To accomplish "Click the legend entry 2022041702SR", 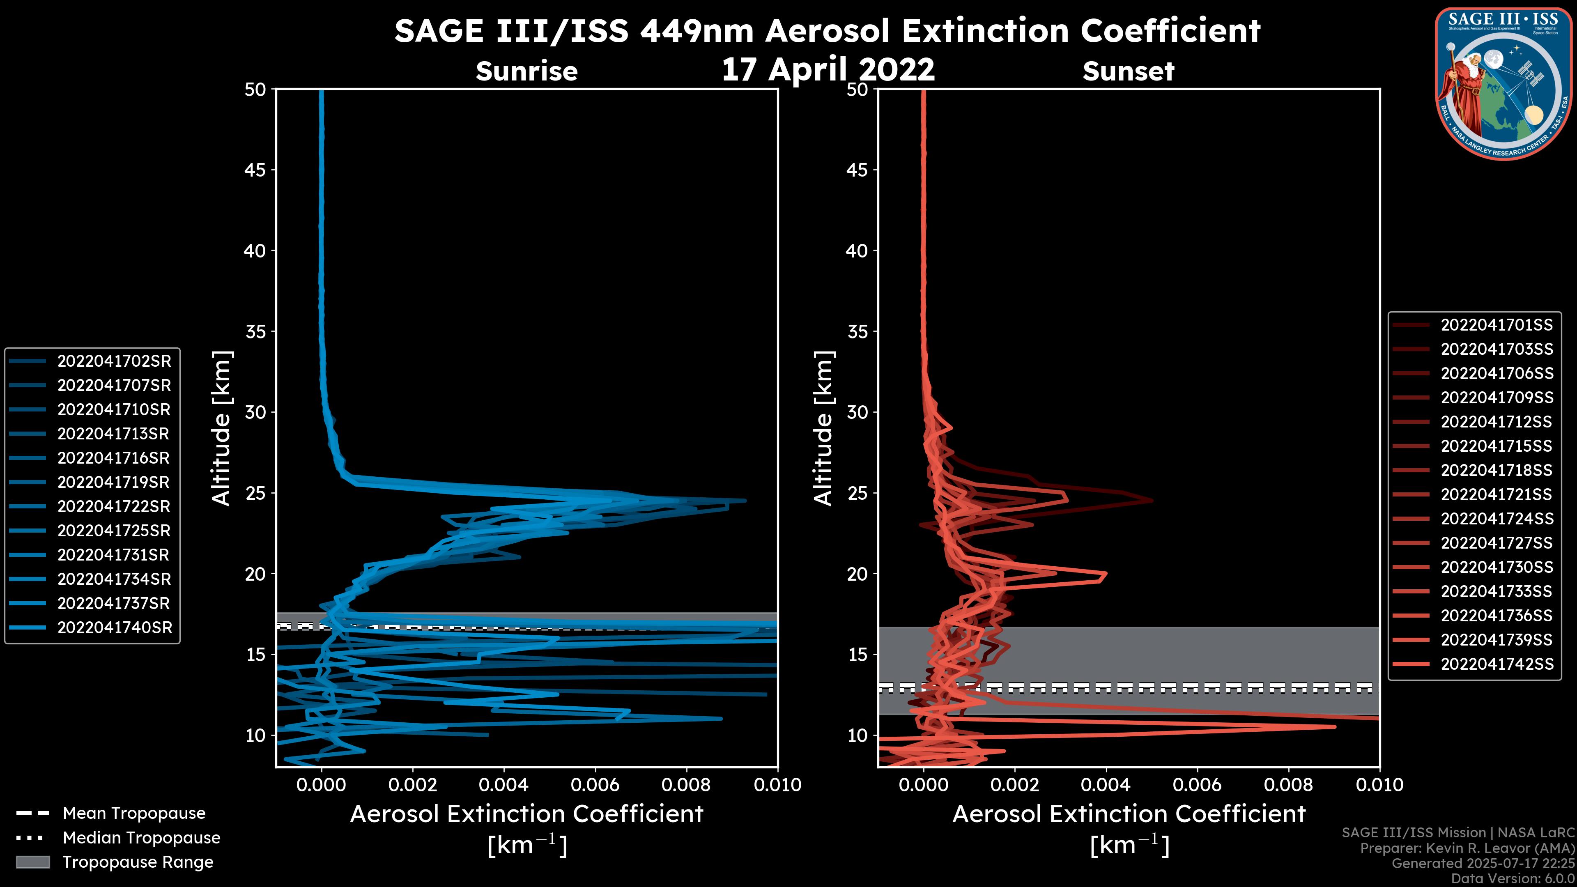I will point(114,361).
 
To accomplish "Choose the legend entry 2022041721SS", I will point(1496,494).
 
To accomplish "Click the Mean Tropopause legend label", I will point(134,813).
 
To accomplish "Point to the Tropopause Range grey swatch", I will point(32,862).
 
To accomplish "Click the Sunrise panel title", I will point(526,71).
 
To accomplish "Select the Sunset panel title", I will point(1128,71).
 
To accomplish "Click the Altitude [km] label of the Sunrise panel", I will point(221,428).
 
